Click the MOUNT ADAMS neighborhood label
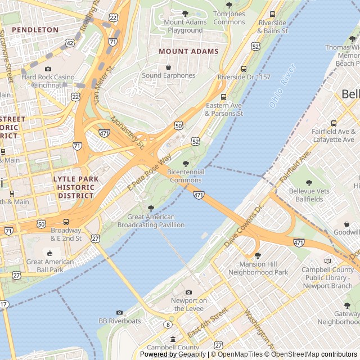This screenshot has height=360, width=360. point(188,51)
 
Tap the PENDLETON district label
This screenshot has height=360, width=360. point(35,29)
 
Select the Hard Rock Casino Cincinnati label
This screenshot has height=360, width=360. point(48,80)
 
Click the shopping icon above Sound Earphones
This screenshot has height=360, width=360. point(168,67)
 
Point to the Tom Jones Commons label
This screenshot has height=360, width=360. point(229,17)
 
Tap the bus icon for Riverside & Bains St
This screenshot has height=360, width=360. point(273,15)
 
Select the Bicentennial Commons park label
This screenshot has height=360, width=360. point(186,175)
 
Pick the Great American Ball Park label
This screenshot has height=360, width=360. point(50,265)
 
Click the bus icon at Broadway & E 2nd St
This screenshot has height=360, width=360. point(66,222)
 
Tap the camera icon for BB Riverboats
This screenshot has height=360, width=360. point(119,312)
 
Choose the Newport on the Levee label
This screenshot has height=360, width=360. point(188,304)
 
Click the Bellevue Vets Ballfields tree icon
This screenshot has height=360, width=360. point(309,183)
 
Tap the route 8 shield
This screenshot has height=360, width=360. point(168,325)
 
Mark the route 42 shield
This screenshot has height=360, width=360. point(69,42)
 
